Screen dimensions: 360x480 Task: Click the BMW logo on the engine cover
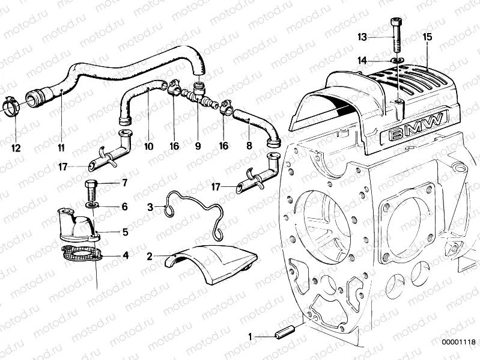point(417,129)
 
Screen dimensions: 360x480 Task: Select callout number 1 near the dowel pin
point(250,337)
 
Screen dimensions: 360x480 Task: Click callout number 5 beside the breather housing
point(124,230)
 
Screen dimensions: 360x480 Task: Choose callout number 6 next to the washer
point(124,207)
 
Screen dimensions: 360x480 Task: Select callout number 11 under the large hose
point(61,147)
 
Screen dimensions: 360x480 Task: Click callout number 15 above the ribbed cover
point(427,37)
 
